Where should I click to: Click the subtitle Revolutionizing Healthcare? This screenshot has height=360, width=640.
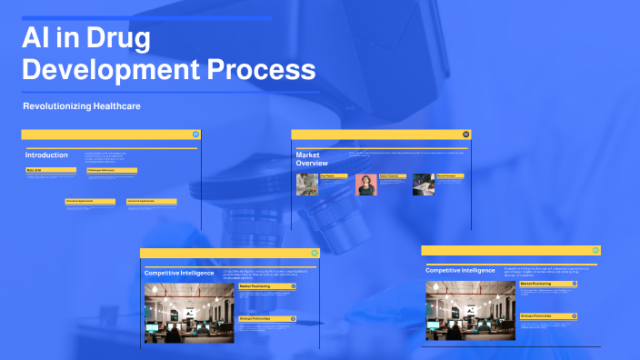[x=82, y=106]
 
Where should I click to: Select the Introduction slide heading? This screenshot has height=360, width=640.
[x=46, y=155]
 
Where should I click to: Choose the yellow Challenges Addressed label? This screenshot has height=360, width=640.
[x=111, y=170]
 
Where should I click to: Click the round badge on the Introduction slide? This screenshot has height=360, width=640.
[x=195, y=135]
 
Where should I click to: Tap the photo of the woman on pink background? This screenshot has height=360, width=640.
[x=366, y=185]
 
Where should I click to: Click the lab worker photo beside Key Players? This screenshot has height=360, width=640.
[x=307, y=185]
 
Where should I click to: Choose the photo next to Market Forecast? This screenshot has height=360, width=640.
[x=424, y=185]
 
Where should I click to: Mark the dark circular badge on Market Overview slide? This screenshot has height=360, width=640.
[x=465, y=135]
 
